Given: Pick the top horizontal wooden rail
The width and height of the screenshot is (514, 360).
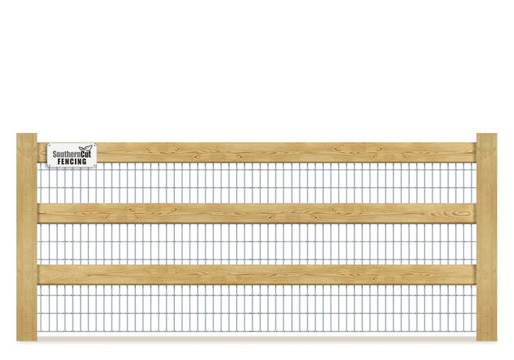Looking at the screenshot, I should click(x=279, y=153).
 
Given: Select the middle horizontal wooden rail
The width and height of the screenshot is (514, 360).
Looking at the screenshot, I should click(x=257, y=213).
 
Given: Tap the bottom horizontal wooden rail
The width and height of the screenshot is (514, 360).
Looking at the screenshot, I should click(x=257, y=274).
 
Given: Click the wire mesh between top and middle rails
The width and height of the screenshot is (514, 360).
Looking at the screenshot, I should click(x=257, y=183).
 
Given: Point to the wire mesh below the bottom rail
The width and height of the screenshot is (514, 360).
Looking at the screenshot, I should click(x=257, y=309).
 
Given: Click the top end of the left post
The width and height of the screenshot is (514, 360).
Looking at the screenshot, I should click(x=26, y=136).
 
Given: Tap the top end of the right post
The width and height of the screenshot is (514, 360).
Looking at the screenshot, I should click(x=486, y=136).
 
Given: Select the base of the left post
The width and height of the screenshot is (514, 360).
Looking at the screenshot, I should click(x=26, y=336).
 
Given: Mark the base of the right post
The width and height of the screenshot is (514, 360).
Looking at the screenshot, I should click(x=486, y=336).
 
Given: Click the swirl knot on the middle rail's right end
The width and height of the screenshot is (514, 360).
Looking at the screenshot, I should click(x=462, y=214).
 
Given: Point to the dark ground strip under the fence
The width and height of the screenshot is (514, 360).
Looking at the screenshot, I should click(x=257, y=338).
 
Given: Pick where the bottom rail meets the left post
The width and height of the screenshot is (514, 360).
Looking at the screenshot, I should click(x=38, y=274).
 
